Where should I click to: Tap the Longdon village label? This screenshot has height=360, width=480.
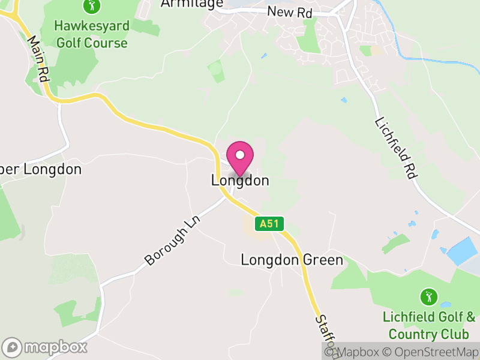click(x=240, y=181)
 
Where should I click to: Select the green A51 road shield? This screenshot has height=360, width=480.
click(x=269, y=224)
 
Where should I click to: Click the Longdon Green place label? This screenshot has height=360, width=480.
click(x=292, y=260)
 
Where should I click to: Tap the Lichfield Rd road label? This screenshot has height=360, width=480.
click(x=395, y=146)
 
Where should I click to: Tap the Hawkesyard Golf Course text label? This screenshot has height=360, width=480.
click(x=91, y=34)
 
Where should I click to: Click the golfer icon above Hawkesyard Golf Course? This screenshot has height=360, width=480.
click(x=91, y=7)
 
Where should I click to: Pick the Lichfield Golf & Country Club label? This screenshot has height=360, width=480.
click(x=428, y=325)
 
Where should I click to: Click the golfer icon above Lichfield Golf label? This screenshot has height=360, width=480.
click(x=428, y=296)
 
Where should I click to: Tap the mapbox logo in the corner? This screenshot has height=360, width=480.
click(x=45, y=347)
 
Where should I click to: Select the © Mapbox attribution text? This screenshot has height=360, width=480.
click(x=353, y=352)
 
